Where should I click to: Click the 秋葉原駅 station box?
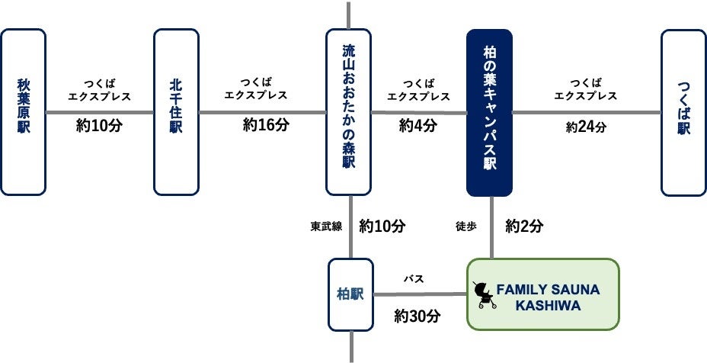(x=23, y=111)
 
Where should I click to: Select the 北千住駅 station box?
(x=176, y=111)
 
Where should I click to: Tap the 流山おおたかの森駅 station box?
(x=348, y=111)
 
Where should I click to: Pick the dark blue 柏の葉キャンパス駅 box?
(x=489, y=111)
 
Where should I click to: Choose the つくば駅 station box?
(x=683, y=111)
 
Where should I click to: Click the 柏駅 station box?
(x=350, y=294)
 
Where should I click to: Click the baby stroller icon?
(x=483, y=294)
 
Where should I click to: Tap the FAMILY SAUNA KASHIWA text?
(x=548, y=297)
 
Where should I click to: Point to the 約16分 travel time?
(x=266, y=125)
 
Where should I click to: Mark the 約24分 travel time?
(x=586, y=127)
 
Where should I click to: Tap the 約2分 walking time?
(x=524, y=226)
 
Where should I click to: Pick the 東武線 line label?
(x=327, y=226)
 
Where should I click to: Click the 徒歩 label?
(x=465, y=226)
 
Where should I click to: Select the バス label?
(x=414, y=279)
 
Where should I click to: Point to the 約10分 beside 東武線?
(x=382, y=226)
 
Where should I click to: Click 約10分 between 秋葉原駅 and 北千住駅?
(x=100, y=125)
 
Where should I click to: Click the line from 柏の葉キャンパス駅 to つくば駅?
(x=586, y=112)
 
